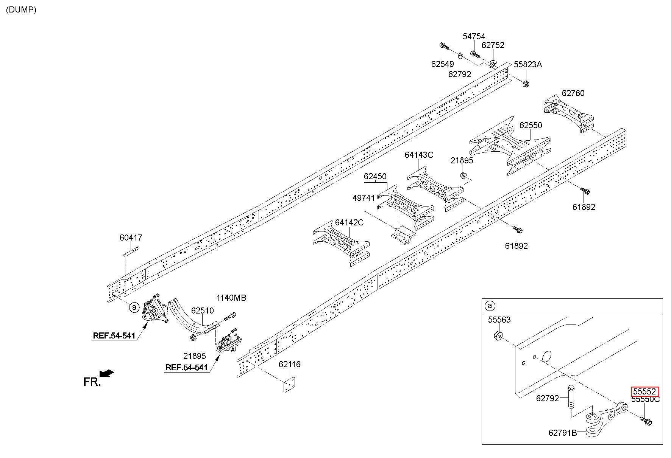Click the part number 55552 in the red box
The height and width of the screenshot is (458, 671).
pos(645,392)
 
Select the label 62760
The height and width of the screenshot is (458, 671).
pos(573,93)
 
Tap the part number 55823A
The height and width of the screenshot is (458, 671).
pos(528,64)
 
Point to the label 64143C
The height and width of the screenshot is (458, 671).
pos(419,155)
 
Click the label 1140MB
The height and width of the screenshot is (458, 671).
pos(231,298)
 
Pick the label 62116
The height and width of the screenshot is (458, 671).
pos(289,364)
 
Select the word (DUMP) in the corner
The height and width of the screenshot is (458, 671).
pos(21,10)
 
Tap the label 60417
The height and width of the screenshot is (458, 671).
pos(131,238)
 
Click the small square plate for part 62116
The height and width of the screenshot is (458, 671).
pos(289,385)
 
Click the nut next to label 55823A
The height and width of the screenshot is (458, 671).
pos(525,84)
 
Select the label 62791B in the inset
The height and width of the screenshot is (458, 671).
pos(563,432)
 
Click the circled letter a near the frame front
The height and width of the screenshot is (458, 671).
pos(134,307)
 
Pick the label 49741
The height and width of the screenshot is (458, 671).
pos(364,198)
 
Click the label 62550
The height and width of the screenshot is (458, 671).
pos(531,125)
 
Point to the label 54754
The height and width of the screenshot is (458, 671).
pos(474,36)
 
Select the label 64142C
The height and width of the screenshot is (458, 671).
pos(349,222)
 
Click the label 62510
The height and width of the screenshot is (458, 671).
pos(202,311)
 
